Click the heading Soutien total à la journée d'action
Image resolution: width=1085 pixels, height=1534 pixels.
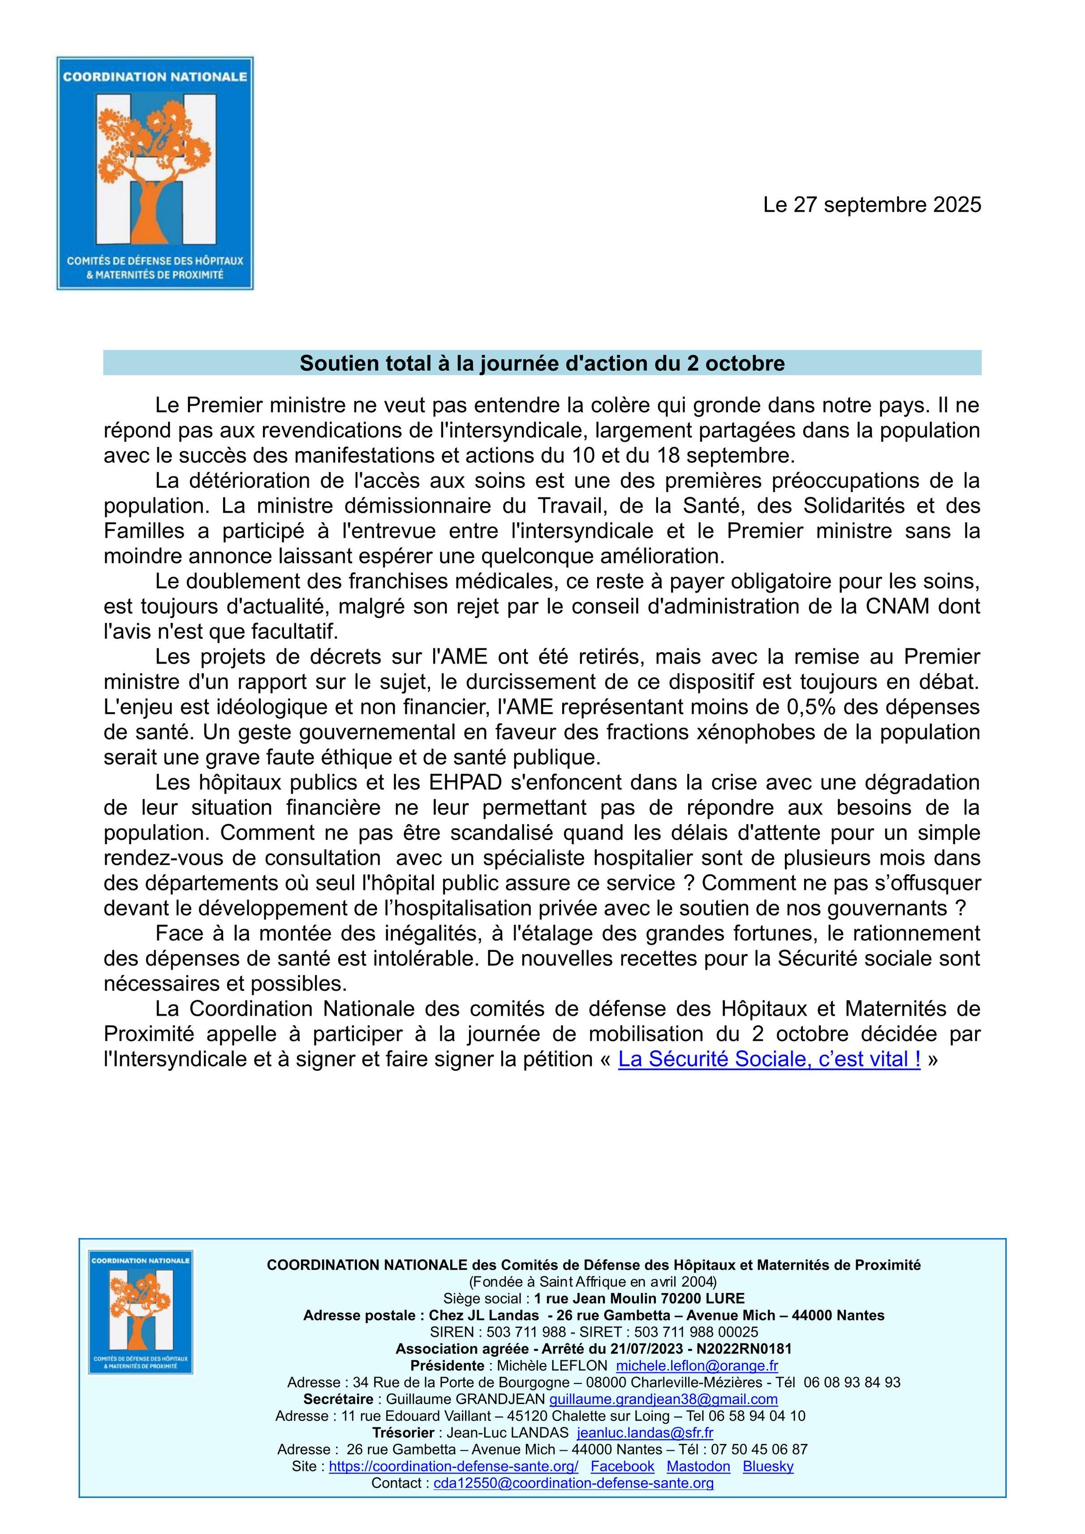coord(542,363)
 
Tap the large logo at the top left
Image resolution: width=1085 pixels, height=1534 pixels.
coord(155,173)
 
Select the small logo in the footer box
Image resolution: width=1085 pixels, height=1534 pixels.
coord(141,1311)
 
